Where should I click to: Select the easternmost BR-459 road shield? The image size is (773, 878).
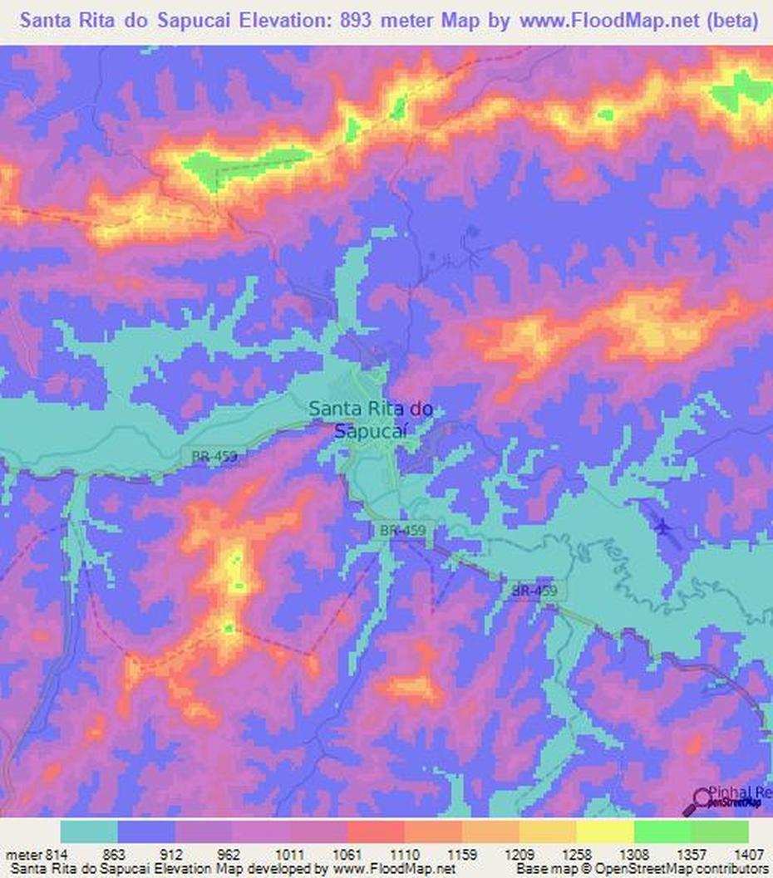click(x=534, y=591)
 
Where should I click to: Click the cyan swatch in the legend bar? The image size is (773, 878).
click(x=89, y=831)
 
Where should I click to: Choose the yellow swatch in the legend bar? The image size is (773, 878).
click(x=604, y=831)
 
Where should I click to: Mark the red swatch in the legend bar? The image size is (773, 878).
click(x=376, y=831)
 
